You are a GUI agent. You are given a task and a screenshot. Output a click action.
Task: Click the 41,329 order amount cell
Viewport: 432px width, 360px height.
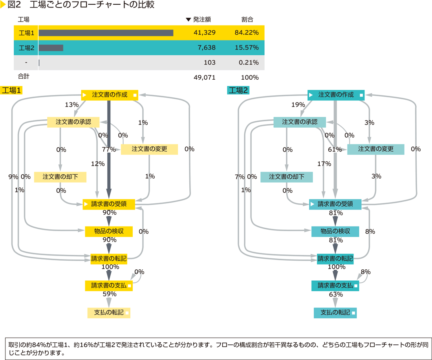(x=204, y=33)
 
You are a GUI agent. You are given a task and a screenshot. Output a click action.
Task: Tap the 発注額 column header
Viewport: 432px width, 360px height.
(x=202, y=20)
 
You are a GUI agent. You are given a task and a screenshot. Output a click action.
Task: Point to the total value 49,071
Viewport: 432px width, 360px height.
(x=204, y=77)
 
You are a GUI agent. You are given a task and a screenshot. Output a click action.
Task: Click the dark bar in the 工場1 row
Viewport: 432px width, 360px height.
(x=106, y=33)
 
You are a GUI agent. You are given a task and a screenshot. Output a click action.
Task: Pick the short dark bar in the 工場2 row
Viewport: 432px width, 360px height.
(x=51, y=48)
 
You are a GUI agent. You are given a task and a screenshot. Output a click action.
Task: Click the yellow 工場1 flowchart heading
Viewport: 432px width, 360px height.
(x=12, y=90)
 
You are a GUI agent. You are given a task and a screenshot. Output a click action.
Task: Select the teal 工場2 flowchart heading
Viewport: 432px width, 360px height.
(x=238, y=90)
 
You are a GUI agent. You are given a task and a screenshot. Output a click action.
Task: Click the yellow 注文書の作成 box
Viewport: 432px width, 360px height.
(x=110, y=95)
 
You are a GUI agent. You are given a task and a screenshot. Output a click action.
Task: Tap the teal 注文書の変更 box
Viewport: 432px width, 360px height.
(x=375, y=149)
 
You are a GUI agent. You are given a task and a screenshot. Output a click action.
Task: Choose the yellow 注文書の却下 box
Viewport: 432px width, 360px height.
(x=60, y=177)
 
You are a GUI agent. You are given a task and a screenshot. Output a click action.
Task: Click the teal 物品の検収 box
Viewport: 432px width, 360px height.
(x=335, y=231)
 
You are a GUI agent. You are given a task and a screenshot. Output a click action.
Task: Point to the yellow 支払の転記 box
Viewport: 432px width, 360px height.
(x=109, y=313)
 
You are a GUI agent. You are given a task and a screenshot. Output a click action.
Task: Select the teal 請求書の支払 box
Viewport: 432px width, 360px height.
(x=335, y=285)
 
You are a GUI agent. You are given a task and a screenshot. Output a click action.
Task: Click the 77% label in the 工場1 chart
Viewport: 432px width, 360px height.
(x=109, y=149)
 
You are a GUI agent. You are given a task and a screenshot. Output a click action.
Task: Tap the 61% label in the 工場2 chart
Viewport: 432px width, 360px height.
(x=335, y=149)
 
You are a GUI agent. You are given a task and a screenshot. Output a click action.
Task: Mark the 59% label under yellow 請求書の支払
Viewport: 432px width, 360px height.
(x=110, y=294)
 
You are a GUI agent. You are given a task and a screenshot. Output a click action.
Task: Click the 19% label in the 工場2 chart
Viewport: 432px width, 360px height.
(x=298, y=105)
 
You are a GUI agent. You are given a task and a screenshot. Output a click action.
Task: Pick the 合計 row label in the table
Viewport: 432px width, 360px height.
(x=24, y=77)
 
